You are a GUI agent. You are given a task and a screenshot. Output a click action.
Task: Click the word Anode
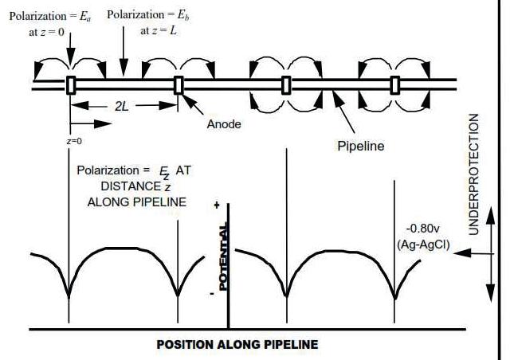[x=223, y=124]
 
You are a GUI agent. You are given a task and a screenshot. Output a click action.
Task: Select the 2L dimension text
[x=122, y=106]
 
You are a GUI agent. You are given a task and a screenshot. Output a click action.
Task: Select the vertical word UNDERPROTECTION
[x=474, y=174]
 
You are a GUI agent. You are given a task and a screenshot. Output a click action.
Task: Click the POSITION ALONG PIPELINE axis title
[x=237, y=345]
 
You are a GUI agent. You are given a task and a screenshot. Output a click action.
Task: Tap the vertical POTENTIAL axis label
[x=224, y=258]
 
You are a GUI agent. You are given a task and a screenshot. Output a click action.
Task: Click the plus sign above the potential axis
[x=216, y=205]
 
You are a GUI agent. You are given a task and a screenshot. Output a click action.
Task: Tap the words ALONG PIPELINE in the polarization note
[x=135, y=202]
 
